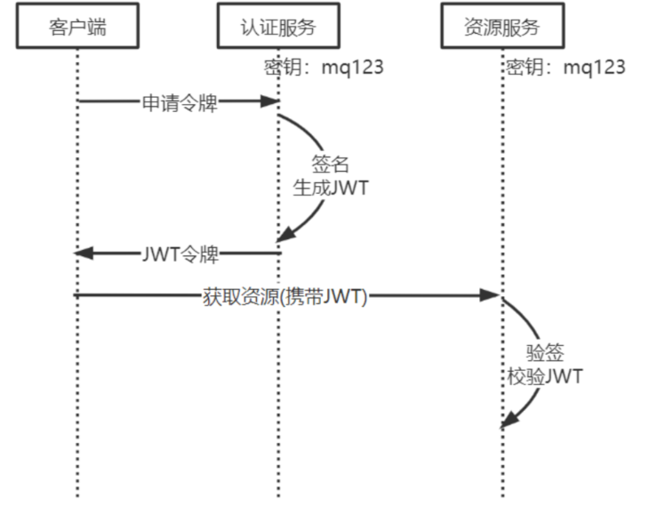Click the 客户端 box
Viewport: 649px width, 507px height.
(77, 28)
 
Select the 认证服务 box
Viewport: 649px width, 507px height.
(278, 28)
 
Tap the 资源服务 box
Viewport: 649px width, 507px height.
(501, 28)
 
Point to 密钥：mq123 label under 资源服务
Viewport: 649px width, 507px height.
(565, 68)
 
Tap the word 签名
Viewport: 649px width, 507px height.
(330, 165)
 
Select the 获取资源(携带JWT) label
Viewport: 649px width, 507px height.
(284, 296)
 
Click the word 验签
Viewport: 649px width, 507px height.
(545, 352)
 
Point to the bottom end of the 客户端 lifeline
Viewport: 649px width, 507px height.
(77, 494)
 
